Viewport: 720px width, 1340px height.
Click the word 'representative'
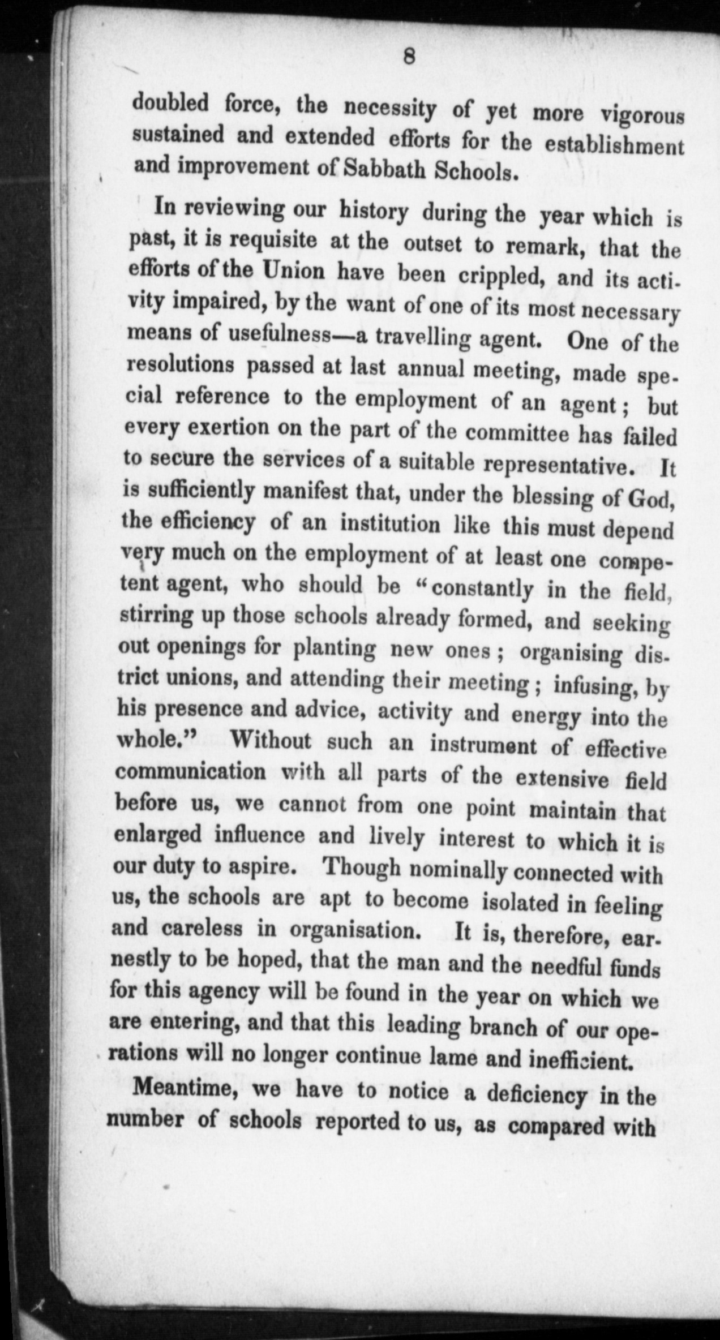(x=560, y=466)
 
